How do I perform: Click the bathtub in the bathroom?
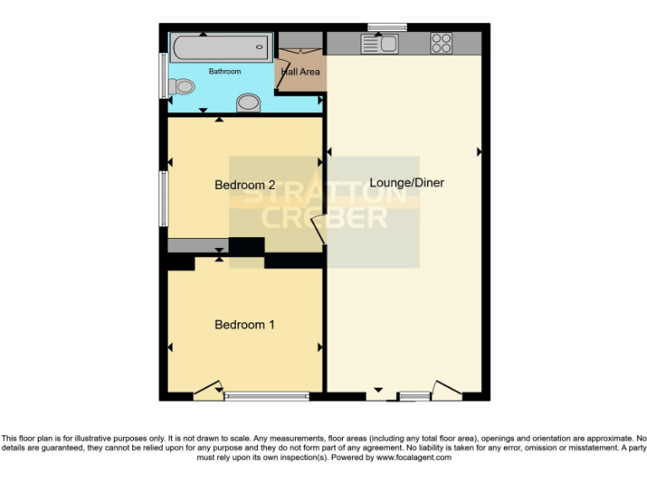[x=221, y=47]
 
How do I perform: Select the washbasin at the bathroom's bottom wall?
[x=249, y=103]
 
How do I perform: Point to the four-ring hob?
[x=441, y=43]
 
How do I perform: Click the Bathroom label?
[x=225, y=72]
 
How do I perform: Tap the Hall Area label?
[x=300, y=73]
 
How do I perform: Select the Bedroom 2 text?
[x=244, y=185]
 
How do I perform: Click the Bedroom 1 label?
[x=244, y=325]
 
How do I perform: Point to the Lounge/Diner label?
[x=406, y=182]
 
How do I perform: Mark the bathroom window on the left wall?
[x=163, y=75]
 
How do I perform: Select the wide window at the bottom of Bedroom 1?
[x=266, y=396]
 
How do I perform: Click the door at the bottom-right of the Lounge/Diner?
[x=446, y=390]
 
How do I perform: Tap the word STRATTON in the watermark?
[x=324, y=194]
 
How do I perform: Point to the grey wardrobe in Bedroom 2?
[x=197, y=246]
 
